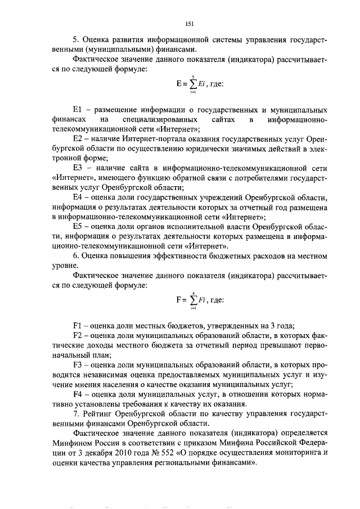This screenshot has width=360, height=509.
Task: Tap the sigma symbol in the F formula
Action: pyautogui.click(x=192, y=300)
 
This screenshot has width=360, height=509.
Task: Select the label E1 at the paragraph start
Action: pyautogui.click(x=78, y=110)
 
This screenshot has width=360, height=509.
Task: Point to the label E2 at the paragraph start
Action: pyautogui.click(x=78, y=138)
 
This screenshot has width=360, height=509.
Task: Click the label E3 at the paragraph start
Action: pyautogui.click(x=78, y=168)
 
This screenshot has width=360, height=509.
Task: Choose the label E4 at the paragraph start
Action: pyautogui.click(x=78, y=197)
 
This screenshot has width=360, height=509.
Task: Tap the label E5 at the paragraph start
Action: pyautogui.click(x=78, y=226)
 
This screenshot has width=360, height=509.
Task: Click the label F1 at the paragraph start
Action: pyautogui.click(x=78, y=327)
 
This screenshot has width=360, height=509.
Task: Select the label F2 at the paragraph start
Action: pyautogui.click(x=78, y=336)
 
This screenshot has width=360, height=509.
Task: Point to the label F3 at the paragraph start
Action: pyautogui.click(x=78, y=366)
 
